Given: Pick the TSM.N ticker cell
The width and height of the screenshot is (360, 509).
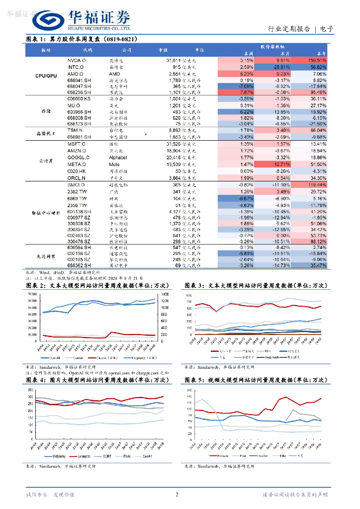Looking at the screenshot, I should tap(75, 130).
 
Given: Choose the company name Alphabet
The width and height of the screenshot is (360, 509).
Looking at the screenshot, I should tap(118, 157).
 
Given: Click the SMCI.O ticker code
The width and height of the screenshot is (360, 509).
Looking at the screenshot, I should tap(77, 184).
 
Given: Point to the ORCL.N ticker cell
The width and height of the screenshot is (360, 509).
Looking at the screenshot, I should tap(77, 177).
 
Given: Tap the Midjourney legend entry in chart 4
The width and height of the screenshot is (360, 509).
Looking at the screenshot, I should tap(56, 455).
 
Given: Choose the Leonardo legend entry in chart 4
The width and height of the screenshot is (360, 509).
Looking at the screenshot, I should tap(86, 455).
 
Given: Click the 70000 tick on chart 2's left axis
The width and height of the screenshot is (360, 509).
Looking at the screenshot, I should tap(30, 294).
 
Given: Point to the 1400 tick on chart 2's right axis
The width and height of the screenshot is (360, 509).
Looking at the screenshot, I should tap(165, 294).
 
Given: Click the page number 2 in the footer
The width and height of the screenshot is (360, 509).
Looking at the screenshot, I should tap(177, 495).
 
